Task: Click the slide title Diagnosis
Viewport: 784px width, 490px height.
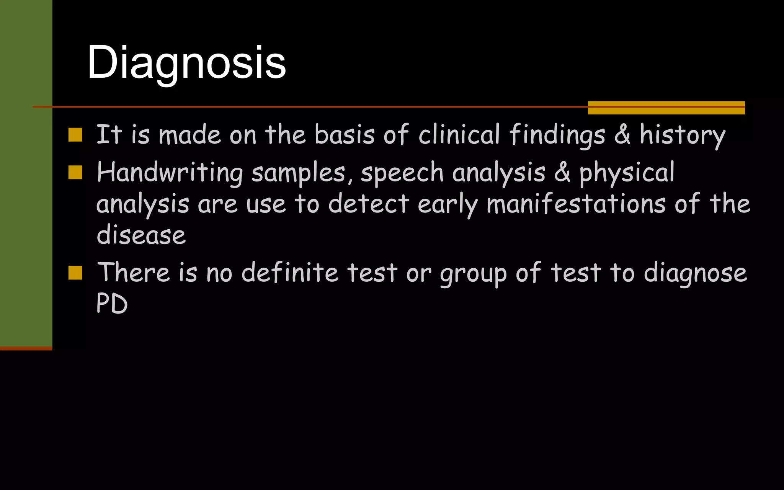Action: pyautogui.click(x=186, y=63)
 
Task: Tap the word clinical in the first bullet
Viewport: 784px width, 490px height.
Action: pyautogui.click(x=459, y=135)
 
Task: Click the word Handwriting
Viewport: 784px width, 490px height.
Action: pyautogui.click(x=170, y=173)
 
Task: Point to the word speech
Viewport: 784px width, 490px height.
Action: pyautogui.click(x=402, y=173)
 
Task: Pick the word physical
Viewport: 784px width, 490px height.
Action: pyautogui.click(x=627, y=173)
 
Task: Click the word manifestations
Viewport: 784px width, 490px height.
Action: pyautogui.click(x=576, y=204)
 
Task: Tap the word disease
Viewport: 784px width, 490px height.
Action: pyautogui.click(x=141, y=235)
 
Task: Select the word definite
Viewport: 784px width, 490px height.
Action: pyautogui.click(x=290, y=273)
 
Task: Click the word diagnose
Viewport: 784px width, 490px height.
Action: pyautogui.click(x=695, y=273)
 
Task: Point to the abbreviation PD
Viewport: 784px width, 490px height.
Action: pyautogui.click(x=112, y=304)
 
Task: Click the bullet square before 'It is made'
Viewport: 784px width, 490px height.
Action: pyautogui.click(x=75, y=135)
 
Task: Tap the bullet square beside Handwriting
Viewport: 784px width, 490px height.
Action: pyautogui.click(x=75, y=173)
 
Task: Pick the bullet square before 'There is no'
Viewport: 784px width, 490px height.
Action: pyautogui.click(x=75, y=273)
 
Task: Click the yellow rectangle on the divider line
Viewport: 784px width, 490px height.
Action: pyautogui.click(x=666, y=108)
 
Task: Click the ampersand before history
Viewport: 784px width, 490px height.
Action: pyautogui.click(x=622, y=135)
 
